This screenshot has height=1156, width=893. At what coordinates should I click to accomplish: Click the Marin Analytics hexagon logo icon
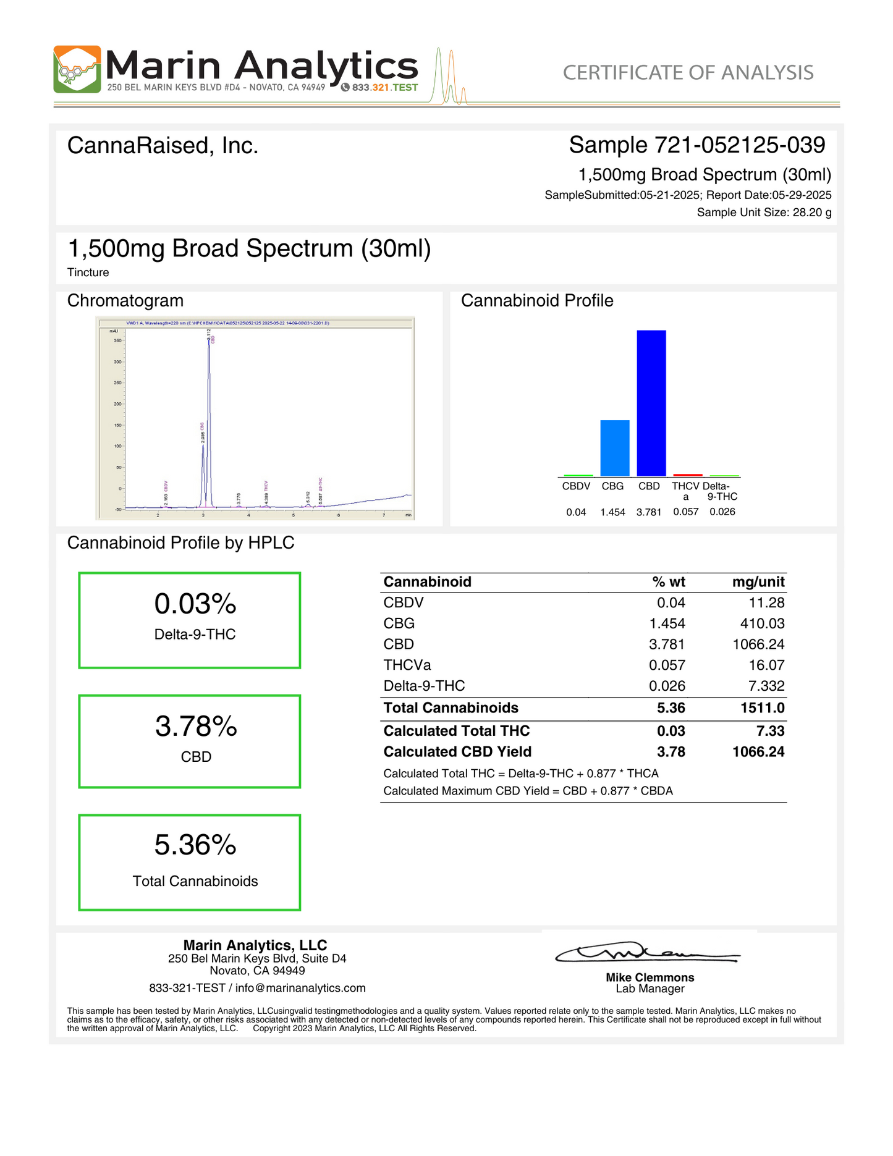[77, 69]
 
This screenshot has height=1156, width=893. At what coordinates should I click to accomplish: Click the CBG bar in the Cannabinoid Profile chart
[614, 448]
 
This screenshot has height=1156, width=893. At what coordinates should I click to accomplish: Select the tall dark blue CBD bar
[651, 403]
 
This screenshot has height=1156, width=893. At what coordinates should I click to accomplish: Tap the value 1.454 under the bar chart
[612, 512]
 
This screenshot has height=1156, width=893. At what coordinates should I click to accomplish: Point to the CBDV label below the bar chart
[576, 486]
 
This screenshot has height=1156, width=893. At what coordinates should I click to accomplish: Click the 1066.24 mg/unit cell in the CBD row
[758, 644]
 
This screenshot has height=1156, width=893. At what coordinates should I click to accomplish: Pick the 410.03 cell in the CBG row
[762, 623]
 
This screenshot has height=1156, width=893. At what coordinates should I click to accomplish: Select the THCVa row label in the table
[407, 665]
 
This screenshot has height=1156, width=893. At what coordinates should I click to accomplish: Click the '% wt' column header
[669, 582]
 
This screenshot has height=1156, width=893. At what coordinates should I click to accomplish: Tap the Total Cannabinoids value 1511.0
[762, 708]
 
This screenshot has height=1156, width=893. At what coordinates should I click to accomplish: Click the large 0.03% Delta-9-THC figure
[195, 604]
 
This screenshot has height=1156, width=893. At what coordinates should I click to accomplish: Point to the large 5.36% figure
[195, 845]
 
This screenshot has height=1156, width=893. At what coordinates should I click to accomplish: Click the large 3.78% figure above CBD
[196, 726]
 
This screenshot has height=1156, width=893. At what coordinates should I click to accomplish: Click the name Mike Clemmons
[650, 977]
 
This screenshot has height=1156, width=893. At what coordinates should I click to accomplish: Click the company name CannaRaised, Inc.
[163, 146]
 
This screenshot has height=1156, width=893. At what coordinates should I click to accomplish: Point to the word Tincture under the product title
[88, 272]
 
